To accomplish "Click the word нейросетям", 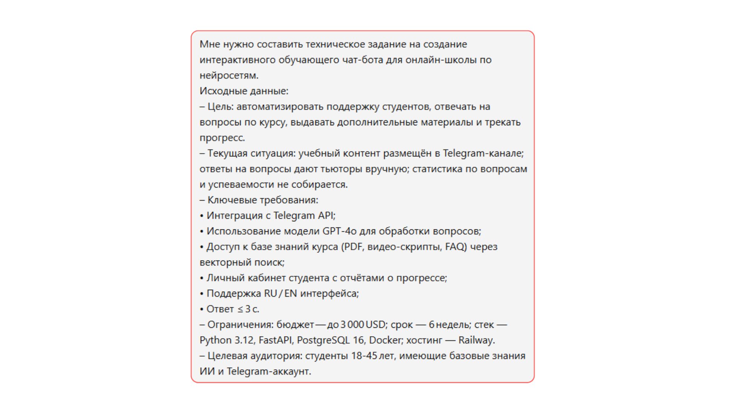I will [x=228, y=76].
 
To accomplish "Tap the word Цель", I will [x=220, y=106].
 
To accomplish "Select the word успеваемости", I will [x=241, y=184].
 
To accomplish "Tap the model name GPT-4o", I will [x=339, y=231].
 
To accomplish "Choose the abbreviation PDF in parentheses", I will [x=354, y=247].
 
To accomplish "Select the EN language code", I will [x=291, y=294].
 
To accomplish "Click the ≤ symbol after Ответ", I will [x=240, y=309].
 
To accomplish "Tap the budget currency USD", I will [x=376, y=325].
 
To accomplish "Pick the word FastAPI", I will [x=275, y=340].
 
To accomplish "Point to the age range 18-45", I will [x=364, y=356].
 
